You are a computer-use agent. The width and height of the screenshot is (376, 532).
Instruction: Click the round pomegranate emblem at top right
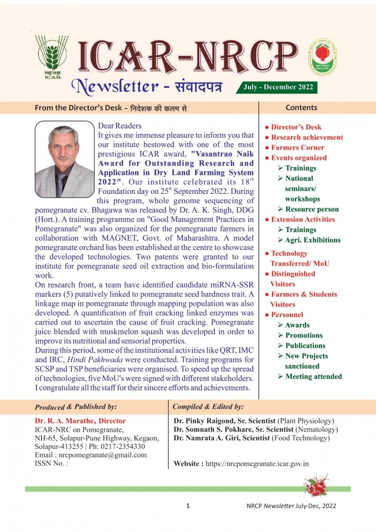[322, 57]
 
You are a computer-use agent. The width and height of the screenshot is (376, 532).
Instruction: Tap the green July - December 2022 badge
[277, 87]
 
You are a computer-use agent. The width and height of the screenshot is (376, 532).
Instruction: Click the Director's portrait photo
[64, 159]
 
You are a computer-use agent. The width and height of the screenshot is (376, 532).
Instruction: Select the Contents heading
[301, 107]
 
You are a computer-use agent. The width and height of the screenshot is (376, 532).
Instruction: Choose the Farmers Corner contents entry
[298, 148]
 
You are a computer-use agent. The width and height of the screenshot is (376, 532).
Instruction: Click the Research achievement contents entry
[307, 137]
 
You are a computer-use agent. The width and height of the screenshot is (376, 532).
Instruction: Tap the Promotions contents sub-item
[304, 335]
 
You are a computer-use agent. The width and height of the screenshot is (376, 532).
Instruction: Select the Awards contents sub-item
[297, 325]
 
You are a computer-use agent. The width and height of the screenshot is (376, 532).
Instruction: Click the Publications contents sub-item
[305, 346]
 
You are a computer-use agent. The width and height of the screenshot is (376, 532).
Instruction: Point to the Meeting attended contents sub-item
[313, 376]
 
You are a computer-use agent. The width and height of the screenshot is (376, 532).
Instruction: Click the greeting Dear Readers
[119, 126]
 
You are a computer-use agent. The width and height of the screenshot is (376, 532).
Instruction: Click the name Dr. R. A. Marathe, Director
[80, 421]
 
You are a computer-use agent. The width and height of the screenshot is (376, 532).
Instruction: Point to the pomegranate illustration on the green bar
[317, 485]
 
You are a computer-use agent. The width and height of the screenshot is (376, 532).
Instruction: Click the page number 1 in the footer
[188, 506]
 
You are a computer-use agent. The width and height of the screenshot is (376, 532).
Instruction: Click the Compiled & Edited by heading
[208, 407]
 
